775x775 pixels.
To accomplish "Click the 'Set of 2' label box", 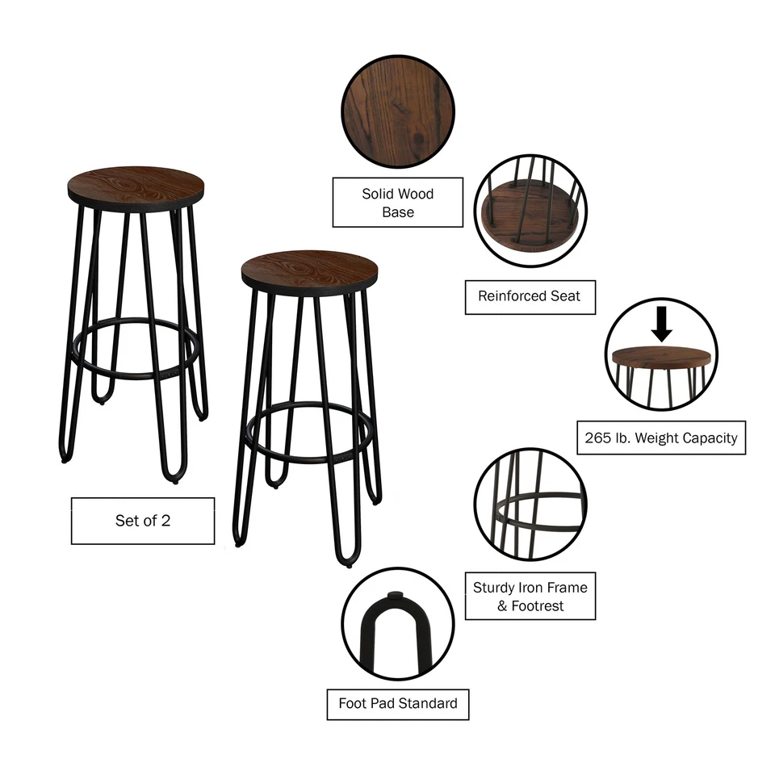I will point(143,521).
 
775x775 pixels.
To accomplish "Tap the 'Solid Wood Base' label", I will point(398,203).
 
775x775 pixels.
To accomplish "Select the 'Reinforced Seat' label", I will point(529,296).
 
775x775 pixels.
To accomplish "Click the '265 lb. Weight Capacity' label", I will point(660,438).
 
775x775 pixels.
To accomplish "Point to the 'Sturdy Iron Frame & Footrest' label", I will point(530,597).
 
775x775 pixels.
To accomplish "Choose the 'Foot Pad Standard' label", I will point(398,703).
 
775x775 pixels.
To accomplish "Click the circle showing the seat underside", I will point(530,211).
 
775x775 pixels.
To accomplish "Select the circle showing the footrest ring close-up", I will point(530,505).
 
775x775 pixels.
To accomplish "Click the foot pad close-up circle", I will point(397,623).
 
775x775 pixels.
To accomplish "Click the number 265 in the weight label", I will point(598,438).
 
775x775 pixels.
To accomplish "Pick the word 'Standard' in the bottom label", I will point(431,703).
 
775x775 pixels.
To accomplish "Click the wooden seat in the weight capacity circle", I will point(660,356).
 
